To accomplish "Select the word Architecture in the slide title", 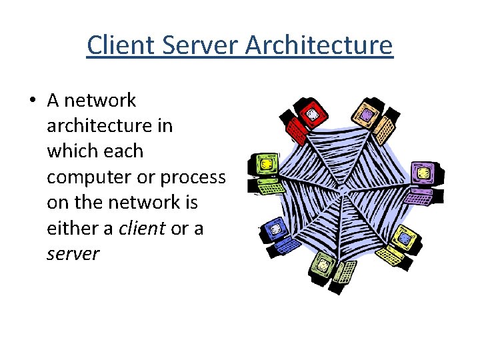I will (x=319, y=45).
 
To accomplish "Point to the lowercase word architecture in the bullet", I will (x=109, y=126).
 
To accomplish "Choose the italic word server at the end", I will (x=73, y=253).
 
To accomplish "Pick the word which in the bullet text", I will (x=71, y=151).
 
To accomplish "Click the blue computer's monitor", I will (x=273, y=227).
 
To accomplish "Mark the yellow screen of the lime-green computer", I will (x=265, y=163).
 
